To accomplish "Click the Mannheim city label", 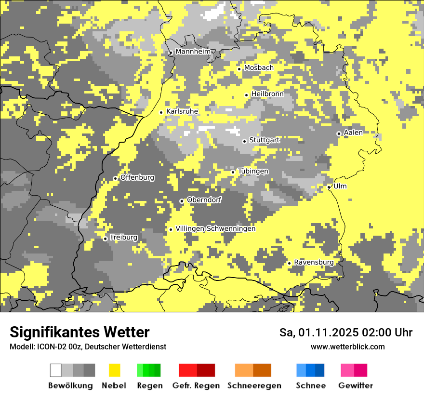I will [x=193, y=52].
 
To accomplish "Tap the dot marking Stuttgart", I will [x=244, y=141].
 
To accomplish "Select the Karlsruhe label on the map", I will [x=182, y=111].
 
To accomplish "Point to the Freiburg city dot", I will [x=105, y=239].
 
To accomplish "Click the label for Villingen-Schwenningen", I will [x=215, y=228].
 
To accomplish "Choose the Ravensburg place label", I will [x=314, y=262].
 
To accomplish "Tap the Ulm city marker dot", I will [x=329, y=187].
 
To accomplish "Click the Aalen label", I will [x=353, y=133].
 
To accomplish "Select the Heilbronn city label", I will [x=267, y=93].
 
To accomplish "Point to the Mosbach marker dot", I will [x=239, y=69].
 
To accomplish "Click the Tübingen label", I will [x=253, y=171].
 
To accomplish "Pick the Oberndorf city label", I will [x=204, y=200].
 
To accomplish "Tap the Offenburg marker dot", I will [x=115, y=178].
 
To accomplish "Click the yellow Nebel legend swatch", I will [x=114, y=370].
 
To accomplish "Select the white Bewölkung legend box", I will [x=56, y=370].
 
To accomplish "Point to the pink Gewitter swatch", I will [x=347, y=370].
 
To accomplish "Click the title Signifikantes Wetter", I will [x=79, y=332].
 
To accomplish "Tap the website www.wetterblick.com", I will [x=347, y=347].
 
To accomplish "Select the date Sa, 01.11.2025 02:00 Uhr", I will [x=346, y=333].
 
